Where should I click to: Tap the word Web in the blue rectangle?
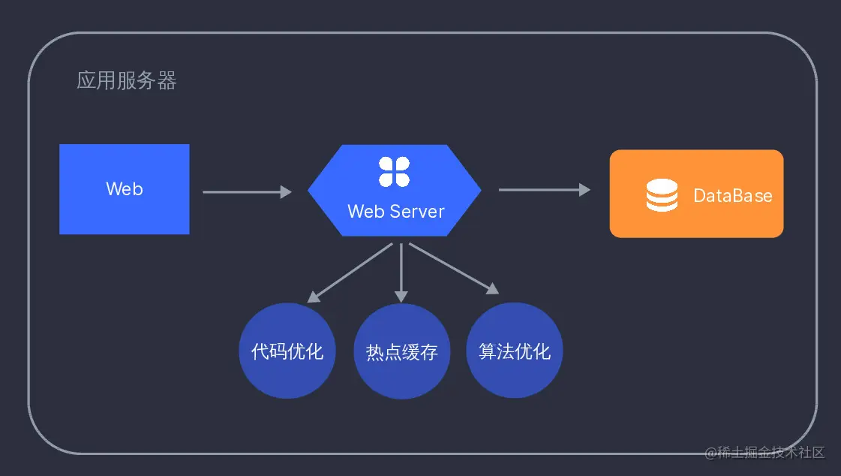click(x=125, y=189)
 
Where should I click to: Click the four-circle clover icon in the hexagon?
click(x=394, y=172)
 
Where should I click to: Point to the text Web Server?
click(x=395, y=212)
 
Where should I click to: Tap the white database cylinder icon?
click(x=662, y=195)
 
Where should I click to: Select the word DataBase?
click(x=732, y=196)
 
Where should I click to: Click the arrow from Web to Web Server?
click(x=246, y=192)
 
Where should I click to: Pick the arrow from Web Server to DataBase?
click(x=544, y=190)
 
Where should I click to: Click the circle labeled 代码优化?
click(x=287, y=351)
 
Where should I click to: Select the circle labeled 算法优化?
click(x=515, y=351)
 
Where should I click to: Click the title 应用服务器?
click(x=126, y=81)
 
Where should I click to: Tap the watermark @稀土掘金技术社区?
click(x=764, y=453)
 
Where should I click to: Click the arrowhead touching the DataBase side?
click(x=584, y=190)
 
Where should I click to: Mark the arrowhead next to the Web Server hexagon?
click(x=286, y=192)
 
